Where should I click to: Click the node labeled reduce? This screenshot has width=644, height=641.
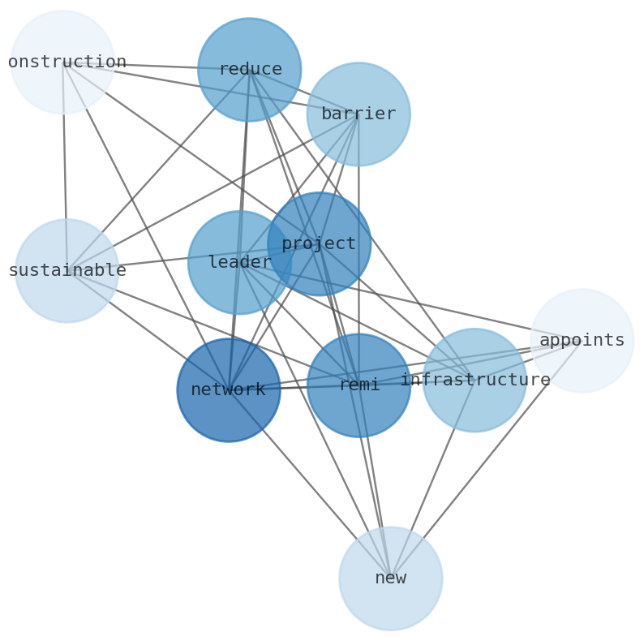(249, 70)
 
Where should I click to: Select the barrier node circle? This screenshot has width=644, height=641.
(358, 114)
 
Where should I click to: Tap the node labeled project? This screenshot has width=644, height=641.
(319, 243)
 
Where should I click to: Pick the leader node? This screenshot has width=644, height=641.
(239, 262)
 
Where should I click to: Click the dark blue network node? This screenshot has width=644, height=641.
(229, 389)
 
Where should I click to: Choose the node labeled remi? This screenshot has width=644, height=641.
(358, 385)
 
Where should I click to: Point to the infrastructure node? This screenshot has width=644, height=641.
(474, 380)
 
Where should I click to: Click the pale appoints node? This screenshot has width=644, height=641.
(582, 341)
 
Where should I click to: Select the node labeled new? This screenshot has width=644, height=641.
(390, 579)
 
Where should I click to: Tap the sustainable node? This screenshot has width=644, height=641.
(67, 270)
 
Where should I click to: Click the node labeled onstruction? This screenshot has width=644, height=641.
(62, 62)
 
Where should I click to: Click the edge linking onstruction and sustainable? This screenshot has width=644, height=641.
(65, 162)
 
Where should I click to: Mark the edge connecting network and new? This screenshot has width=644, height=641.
(308, 483)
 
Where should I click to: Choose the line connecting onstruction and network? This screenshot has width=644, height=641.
(146, 226)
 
